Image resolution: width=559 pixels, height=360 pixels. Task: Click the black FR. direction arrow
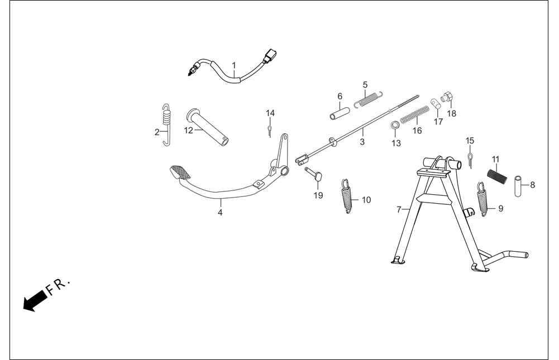click(35, 300)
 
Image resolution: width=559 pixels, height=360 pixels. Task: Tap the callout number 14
click(270, 113)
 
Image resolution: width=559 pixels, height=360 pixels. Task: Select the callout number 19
click(318, 195)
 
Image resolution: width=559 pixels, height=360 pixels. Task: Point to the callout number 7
click(399, 210)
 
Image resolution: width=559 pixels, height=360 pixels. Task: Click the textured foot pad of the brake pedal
click(180, 172)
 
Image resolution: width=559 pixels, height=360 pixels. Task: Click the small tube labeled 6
click(340, 113)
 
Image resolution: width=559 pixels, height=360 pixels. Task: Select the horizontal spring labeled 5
click(369, 99)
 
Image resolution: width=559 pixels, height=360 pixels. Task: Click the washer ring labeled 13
click(395, 126)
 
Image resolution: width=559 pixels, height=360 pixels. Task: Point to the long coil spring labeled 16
click(414, 114)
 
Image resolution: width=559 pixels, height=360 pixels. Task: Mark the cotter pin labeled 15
click(471, 160)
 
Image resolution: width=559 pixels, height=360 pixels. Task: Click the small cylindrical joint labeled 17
click(436, 104)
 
